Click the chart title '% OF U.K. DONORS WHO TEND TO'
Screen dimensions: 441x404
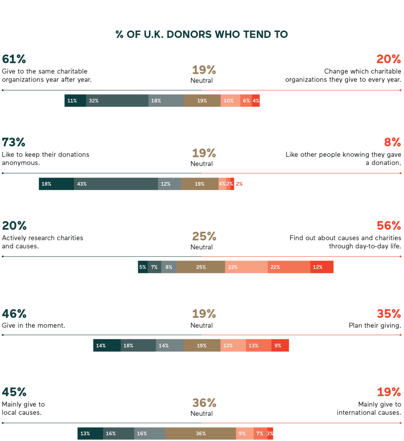202,34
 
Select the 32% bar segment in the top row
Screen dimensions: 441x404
117,101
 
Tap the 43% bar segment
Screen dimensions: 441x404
116,184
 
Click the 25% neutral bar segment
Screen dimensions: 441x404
201,267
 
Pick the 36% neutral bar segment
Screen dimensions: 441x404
201,434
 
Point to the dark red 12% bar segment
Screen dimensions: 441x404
322,267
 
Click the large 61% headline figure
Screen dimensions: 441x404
14,59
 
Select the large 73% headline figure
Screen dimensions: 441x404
14,142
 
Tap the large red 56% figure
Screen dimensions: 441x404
389,226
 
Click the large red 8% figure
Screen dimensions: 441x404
392,142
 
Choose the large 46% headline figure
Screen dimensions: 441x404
14,314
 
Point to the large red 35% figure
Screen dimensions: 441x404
389,314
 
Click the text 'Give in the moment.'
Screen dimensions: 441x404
34,326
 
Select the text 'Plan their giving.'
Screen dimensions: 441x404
375,326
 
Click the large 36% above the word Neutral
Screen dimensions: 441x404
204,403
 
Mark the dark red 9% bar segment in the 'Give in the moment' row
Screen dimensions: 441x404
280,345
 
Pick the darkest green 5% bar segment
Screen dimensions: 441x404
143,267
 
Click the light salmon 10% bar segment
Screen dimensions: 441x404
230,101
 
